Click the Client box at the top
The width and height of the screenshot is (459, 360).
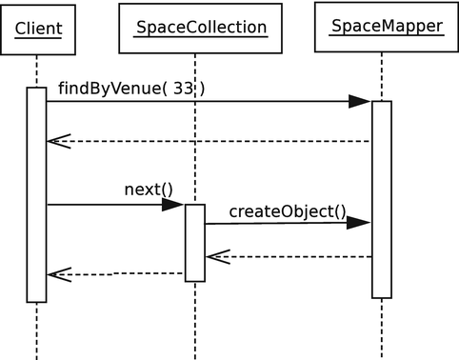coord(38,29)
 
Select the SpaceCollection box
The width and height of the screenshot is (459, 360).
coord(201,28)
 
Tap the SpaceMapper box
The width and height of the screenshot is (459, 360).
coord(386,27)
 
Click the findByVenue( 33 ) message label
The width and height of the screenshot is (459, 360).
coord(131,89)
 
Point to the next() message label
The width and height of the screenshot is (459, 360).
coord(148,189)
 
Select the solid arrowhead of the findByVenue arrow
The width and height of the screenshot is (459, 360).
coord(359,102)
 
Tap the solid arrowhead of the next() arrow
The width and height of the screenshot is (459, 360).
coord(172,205)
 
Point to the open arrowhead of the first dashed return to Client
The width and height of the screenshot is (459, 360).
coord(59,141)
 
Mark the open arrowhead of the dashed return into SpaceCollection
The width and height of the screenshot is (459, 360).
coord(217,256)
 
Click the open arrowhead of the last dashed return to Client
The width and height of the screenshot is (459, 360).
coord(59,274)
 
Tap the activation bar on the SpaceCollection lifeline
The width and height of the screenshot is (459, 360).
coord(194,243)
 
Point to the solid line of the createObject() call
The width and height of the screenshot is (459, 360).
coord(276,223)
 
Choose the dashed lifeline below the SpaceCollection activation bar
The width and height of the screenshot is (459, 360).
coord(194,319)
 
